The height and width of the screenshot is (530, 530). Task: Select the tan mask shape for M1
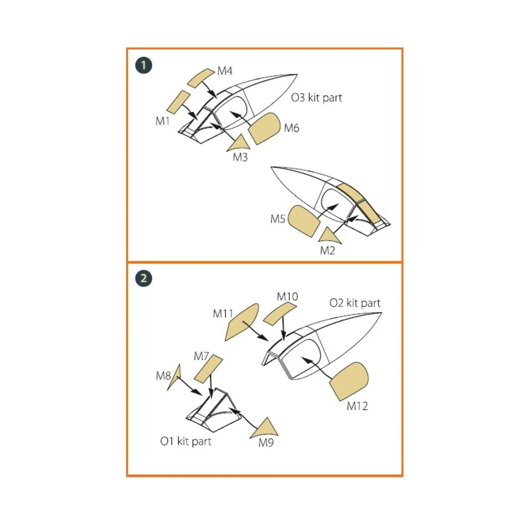click(x=178, y=101)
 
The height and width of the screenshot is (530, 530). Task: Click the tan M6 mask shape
click(x=264, y=129)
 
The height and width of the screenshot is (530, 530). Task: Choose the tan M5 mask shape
click(x=303, y=220)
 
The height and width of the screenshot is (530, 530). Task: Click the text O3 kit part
click(x=316, y=98)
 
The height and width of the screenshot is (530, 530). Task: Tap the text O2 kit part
click(x=355, y=303)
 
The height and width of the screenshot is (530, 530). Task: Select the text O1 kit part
click(x=185, y=441)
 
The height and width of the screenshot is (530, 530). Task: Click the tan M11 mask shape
click(x=241, y=322)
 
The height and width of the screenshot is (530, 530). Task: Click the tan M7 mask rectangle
click(x=208, y=369)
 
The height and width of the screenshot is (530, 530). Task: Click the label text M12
click(x=357, y=406)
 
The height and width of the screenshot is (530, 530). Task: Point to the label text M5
click(x=277, y=218)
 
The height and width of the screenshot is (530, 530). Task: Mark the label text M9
click(x=266, y=443)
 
